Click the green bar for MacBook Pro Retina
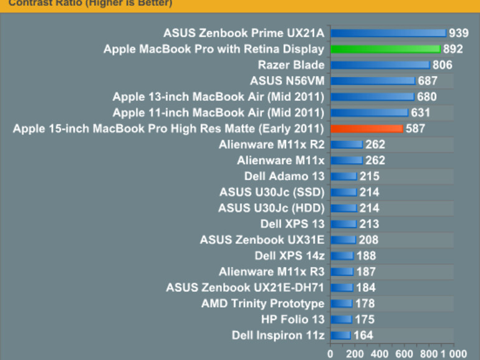click(x=385, y=49)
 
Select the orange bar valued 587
click(x=367, y=129)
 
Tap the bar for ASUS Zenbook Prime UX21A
click(x=388, y=33)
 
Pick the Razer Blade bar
click(x=380, y=65)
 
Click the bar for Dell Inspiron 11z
click(x=340, y=336)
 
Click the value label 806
click(x=442, y=65)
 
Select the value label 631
click(x=420, y=113)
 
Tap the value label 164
click(x=363, y=336)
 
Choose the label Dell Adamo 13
click(x=284, y=176)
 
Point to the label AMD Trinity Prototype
click(x=262, y=304)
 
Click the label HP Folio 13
click(x=293, y=320)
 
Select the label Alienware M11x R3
click(x=271, y=272)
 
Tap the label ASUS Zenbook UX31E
click(x=262, y=240)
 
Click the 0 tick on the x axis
click(x=330, y=353)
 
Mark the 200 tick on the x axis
click(x=355, y=353)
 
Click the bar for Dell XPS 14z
click(x=342, y=256)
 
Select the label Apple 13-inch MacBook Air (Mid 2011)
click(x=218, y=97)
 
